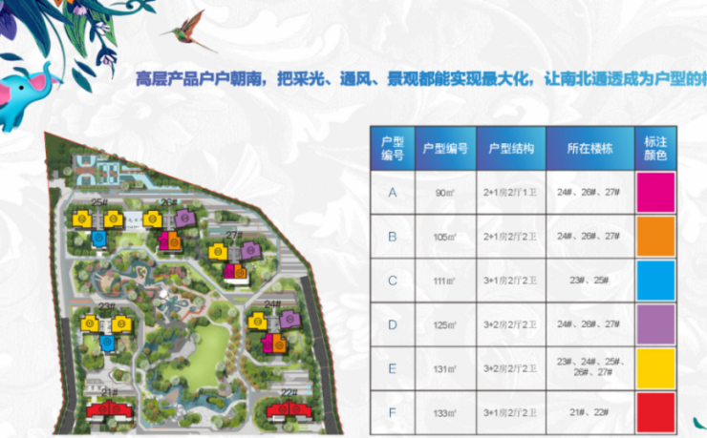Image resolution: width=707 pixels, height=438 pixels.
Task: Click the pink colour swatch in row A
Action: coord(655,192)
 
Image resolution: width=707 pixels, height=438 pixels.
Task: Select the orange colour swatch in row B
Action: coord(655,236)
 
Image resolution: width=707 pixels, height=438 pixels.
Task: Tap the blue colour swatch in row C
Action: coord(655,280)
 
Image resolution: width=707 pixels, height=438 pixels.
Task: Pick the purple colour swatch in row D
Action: coord(655,324)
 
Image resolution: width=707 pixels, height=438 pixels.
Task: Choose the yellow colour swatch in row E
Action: coord(655,368)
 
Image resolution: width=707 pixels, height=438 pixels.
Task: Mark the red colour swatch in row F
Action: coord(655,412)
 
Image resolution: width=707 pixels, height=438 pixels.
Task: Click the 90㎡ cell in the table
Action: coord(445,193)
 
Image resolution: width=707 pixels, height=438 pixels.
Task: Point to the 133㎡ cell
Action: coord(445,413)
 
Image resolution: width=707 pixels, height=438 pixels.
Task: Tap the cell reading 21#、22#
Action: coord(590,413)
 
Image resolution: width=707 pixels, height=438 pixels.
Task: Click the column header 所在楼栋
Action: coord(590,149)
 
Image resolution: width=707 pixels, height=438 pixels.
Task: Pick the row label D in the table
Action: coord(392,324)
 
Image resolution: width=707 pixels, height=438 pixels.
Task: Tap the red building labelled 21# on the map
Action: coord(108,410)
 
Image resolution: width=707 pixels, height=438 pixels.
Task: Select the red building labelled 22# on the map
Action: coord(288,410)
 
